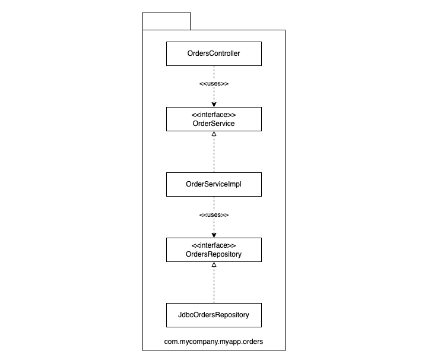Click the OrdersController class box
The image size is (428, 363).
[x=214, y=53]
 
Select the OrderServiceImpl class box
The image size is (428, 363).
[x=214, y=184]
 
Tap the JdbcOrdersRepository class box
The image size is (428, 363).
[x=214, y=315]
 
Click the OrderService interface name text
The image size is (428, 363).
[x=214, y=124]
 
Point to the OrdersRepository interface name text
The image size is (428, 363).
[x=214, y=254]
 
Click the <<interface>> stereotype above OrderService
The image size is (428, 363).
[x=214, y=115]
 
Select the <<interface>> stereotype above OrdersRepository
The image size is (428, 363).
[x=214, y=245]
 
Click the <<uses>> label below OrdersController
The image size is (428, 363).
[x=214, y=84]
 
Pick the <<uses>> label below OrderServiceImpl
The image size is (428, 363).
[x=214, y=215]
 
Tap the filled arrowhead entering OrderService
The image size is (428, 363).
[x=214, y=105]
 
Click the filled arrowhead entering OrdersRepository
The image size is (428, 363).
[x=214, y=235]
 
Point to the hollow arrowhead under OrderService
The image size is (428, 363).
[x=214, y=134]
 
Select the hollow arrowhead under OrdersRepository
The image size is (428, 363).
[x=214, y=264]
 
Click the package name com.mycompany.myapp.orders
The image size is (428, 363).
[x=214, y=342]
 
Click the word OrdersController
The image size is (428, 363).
[x=214, y=53]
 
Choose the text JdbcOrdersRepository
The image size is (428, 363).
[x=214, y=315]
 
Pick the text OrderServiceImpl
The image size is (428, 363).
[x=214, y=184]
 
